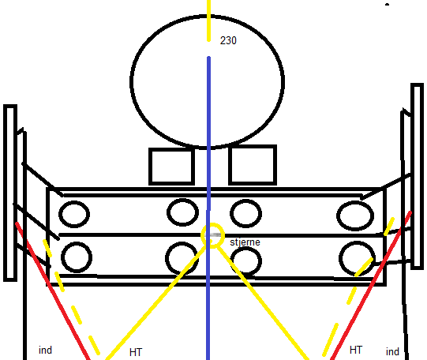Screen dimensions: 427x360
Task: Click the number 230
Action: [228, 40]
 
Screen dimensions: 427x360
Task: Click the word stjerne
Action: [245, 242]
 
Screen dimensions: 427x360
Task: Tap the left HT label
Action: [136, 352]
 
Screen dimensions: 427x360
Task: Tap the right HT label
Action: [356, 350]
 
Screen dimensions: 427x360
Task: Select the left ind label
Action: [45, 350]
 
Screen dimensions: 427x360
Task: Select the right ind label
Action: [392, 351]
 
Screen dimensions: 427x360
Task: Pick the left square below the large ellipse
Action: [171, 166]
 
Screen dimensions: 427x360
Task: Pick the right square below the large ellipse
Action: [253, 165]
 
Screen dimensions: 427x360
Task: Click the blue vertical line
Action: [208, 208]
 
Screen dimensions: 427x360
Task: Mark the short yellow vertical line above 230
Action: [208, 21]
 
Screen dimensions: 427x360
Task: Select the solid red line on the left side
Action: [53, 291]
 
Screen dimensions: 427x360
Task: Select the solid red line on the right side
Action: [371, 285]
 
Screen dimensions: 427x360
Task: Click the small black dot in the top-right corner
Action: [387, 5]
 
